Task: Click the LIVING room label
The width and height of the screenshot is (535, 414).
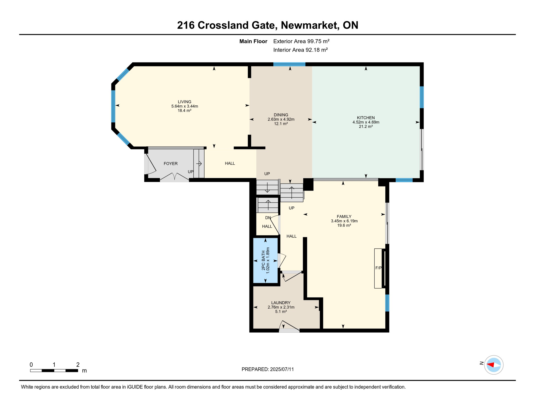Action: click(184, 102)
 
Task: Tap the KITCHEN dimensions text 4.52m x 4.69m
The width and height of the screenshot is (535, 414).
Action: click(366, 122)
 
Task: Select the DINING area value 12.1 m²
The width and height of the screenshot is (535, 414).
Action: click(281, 124)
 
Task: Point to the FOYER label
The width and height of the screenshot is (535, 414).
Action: click(170, 164)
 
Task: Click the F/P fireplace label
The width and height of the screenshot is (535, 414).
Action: click(378, 268)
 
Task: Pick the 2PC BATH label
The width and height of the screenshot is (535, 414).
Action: click(263, 260)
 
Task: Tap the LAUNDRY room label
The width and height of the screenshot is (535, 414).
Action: click(281, 303)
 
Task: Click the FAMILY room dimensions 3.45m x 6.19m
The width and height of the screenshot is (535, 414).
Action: click(344, 221)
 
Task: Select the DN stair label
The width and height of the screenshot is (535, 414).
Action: click(268, 218)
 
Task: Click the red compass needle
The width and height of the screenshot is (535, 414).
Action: click(491, 365)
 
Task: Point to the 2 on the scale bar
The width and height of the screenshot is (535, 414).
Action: click(78, 365)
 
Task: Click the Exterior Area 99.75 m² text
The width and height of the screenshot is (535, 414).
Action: click(301, 41)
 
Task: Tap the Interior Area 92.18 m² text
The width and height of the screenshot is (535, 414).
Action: click(300, 50)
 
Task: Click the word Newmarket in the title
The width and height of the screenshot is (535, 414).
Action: click(310, 25)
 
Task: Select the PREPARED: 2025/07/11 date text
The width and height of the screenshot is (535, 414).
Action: click(267, 369)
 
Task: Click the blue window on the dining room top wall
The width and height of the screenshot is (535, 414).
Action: click(289, 64)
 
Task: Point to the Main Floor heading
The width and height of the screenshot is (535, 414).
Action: click(253, 41)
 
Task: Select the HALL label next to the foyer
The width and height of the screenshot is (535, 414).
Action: click(230, 163)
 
